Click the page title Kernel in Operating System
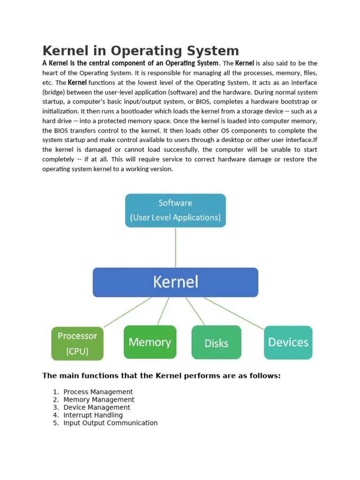(141, 51)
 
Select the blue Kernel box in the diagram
(175, 282)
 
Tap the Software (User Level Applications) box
(175, 210)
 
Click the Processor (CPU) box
(77, 343)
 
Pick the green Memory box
(150, 342)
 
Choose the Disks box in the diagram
(217, 343)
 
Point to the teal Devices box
(288, 342)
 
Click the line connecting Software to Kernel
(176, 247)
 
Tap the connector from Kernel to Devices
(234, 312)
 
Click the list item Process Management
(98, 392)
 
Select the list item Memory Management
(99, 400)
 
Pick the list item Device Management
(97, 407)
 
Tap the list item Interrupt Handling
(93, 415)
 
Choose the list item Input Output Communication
(111, 423)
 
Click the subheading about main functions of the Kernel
(161, 375)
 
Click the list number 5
(55, 423)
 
